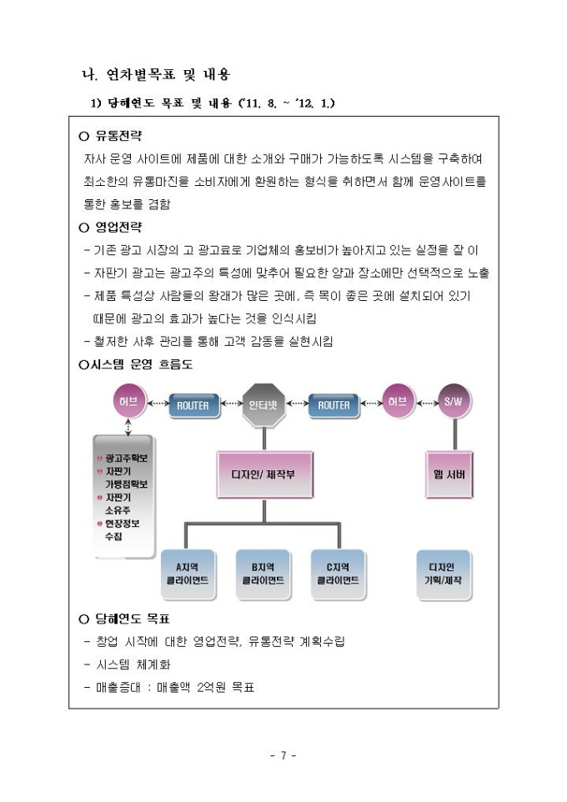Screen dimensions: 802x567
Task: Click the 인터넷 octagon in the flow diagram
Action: (x=263, y=406)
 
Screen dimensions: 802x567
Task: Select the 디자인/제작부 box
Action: (x=263, y=474)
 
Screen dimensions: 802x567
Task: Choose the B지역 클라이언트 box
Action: (x=263, y=574)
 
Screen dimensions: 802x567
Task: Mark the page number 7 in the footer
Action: (x=283, y=756)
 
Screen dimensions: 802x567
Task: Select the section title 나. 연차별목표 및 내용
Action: (x=153, y=76)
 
